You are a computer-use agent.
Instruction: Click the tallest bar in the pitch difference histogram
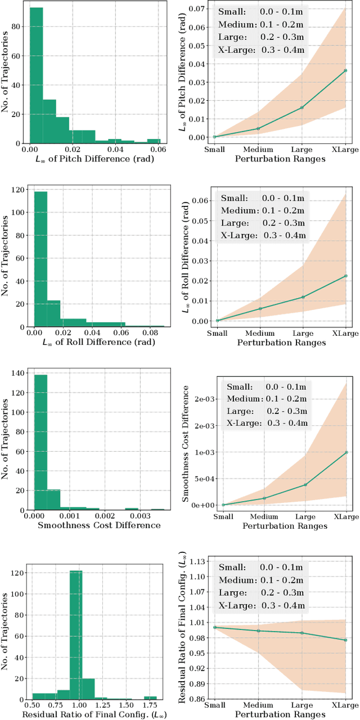point(37,76)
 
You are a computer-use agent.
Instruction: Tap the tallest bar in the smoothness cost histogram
point(40,443)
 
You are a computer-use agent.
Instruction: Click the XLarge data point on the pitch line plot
point(345,71)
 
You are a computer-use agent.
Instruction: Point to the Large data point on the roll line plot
point(303,297)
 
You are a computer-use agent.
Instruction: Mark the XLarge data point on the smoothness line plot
point(345,452)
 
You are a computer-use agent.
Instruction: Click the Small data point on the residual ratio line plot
point(214,627)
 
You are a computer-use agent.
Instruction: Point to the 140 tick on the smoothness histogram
point(18,372)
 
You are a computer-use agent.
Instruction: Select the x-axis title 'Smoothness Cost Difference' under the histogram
point(99,525)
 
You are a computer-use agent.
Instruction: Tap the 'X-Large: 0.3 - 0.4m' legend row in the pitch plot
point(260,50)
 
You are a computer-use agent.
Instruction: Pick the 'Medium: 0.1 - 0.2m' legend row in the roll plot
point(263,210)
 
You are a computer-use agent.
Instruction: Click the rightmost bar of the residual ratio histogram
point(150,697)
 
